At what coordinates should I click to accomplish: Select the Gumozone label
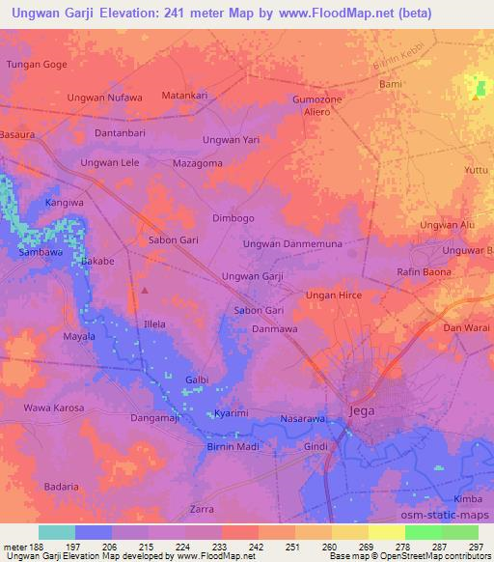[317, 100]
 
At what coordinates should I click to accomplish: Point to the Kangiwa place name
[65, 204]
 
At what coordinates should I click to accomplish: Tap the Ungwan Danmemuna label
[292, 245]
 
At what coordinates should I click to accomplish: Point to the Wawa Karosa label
[53, 407]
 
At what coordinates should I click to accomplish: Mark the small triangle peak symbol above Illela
[145, 289]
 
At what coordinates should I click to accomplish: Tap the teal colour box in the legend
[56, 532]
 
